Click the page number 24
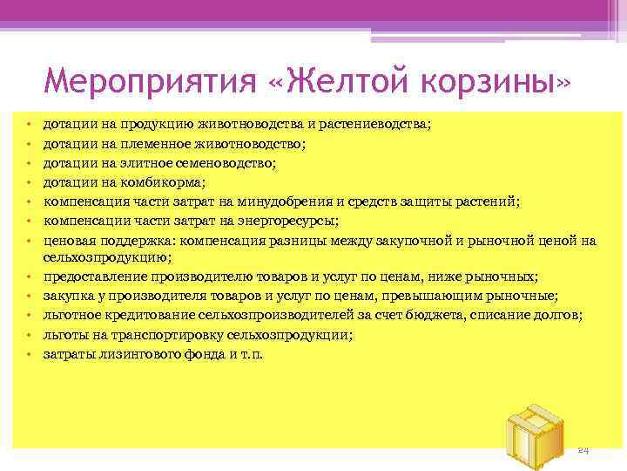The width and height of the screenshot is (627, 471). [x=583, y=449]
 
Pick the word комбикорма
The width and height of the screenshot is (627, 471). [x=168, y=182]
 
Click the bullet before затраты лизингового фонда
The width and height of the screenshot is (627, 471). [x=28, y=354]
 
